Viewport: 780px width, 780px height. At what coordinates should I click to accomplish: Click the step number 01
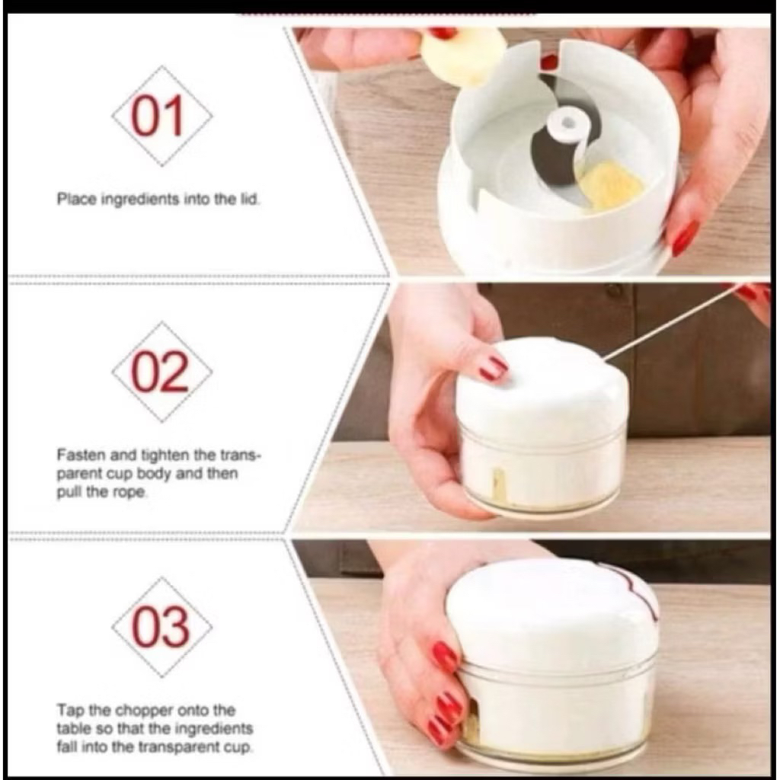158,117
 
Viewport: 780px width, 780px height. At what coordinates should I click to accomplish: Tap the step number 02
160,372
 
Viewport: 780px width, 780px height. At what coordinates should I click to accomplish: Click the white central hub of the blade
567,125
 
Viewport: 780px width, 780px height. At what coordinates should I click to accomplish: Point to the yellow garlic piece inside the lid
610,186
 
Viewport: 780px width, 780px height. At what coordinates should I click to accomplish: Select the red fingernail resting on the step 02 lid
494,368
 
